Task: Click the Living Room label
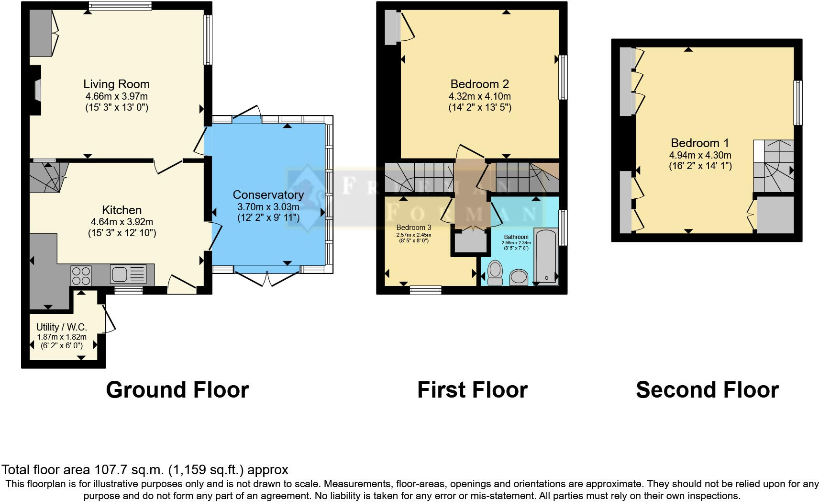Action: click(116, 84)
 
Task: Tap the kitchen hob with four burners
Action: click(81, 275)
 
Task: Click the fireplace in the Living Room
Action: click(37, 90)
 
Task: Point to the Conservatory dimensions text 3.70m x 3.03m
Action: click(268, 207)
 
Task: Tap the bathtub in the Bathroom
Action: click(545, 257)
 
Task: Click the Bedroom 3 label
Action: click(413, 227)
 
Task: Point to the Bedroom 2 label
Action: click(479, 84)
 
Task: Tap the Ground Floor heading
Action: click(177, 390)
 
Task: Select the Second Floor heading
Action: click(707, 390)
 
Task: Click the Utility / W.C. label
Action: click(62, 327)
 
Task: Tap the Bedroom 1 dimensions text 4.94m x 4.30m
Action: click(700, 155)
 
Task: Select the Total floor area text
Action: click(145, 470)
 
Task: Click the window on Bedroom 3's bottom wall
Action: click(425, 289)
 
